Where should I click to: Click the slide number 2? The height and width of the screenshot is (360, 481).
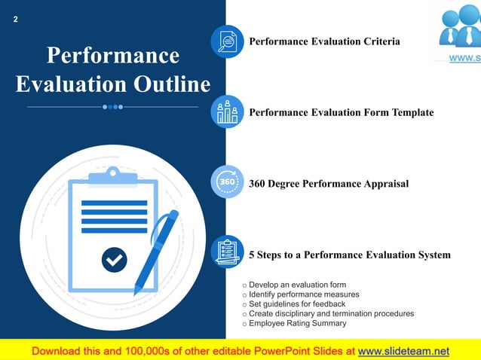tap(15, 20)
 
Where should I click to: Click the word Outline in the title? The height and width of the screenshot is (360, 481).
tap(173, 84)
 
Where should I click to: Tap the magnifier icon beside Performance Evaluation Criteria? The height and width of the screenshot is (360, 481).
tap(227, 41)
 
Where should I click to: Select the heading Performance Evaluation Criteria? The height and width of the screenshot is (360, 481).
tap(324, 41)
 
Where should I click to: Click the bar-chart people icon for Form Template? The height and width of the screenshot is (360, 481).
tap(227, 112)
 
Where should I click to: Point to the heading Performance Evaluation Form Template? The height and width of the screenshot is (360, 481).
tap(341, 112)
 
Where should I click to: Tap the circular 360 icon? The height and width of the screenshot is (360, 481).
tap(227, 182)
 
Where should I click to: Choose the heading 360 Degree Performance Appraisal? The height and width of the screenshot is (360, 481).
tap(329, 183)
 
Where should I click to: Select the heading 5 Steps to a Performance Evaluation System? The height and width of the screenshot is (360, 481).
tap(349, 255)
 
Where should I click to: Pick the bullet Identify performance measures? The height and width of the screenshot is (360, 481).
tap(304, 294)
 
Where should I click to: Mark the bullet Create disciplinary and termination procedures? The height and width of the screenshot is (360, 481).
tap(331, 313)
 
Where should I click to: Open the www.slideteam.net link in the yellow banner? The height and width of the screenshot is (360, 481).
tap(403, 351)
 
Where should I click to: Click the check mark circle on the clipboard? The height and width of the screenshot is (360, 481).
tap(114, 260)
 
